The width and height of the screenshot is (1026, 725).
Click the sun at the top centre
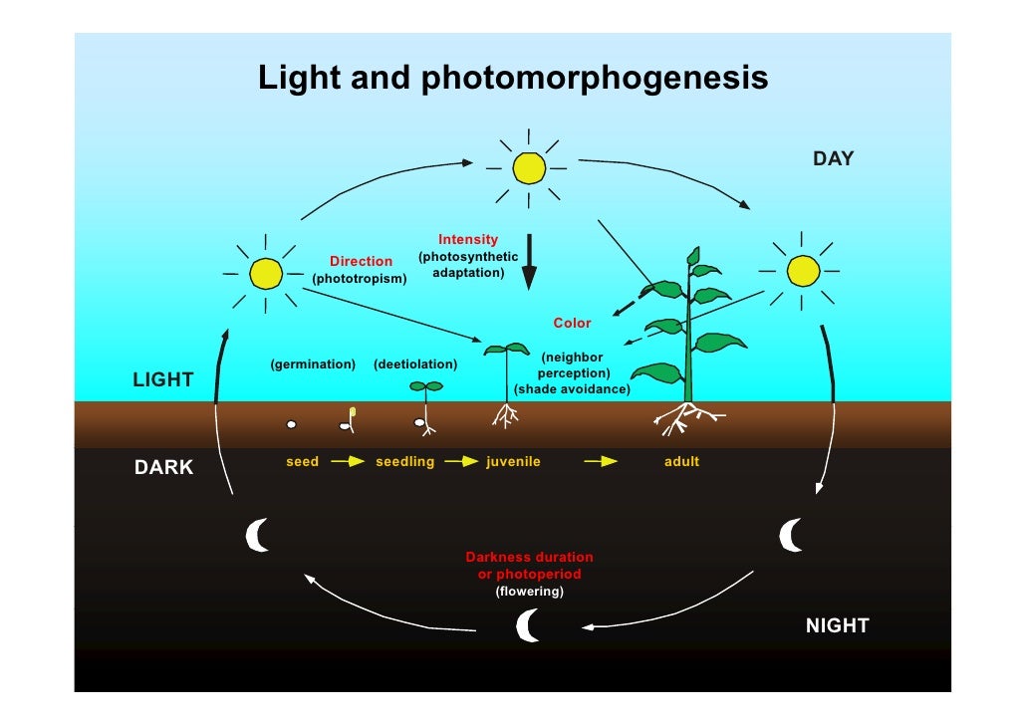point(529,168)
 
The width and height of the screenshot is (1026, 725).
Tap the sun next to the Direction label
point(266,272)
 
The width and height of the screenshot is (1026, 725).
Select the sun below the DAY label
point(802,271)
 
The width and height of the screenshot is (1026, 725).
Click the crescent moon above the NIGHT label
point(791,535)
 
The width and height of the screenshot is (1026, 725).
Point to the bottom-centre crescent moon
point(528,625)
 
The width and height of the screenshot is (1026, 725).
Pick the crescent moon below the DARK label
point(258,535)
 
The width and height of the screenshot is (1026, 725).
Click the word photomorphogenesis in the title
point(595,79)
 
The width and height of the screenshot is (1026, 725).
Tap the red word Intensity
point(468,240)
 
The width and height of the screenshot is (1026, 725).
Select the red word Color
point(572,323)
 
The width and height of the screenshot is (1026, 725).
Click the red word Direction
point(361,262)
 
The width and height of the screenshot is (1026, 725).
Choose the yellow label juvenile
point(513,462)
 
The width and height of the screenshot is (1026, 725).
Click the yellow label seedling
point(404,462)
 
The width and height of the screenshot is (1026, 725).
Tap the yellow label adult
point(681,462)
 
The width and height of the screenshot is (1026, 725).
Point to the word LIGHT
point(163,379)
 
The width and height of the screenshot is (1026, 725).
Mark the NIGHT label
point(837,625)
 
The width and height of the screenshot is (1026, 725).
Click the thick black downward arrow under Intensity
point(529,262)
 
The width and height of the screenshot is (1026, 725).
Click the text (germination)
point(313,364)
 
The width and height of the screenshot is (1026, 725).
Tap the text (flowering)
point(529,592)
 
